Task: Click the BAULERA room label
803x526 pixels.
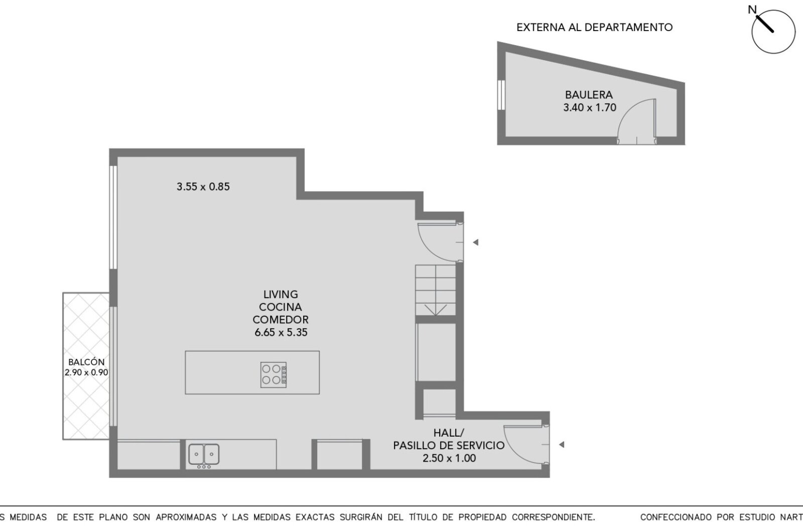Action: [589, 95]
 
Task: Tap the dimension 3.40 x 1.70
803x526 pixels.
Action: [590, 107]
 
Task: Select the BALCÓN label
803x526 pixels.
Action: [86, 362]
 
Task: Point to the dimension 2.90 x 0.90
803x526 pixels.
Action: [86, 372]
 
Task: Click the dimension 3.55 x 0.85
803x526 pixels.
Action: [203, 186]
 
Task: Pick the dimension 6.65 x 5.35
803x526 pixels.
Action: [281, 332]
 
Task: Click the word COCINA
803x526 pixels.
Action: [281, 307]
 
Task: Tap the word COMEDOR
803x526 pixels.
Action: [281, 320]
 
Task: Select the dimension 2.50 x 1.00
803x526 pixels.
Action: [449, 458]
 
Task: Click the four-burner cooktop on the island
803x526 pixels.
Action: [274, 375]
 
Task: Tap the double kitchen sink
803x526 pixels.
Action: [204, 454]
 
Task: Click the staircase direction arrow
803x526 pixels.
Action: [436, 310]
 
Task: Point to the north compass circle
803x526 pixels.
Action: [773, 32]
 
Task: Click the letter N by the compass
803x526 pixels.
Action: [752, 10]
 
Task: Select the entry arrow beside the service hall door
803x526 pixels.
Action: [562, 445]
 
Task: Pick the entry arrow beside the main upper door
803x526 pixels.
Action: [476, 242]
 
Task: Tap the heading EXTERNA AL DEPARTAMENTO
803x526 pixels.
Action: [594, 27]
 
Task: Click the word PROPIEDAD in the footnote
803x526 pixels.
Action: [482, 517]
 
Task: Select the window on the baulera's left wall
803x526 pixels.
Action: [501, 95]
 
